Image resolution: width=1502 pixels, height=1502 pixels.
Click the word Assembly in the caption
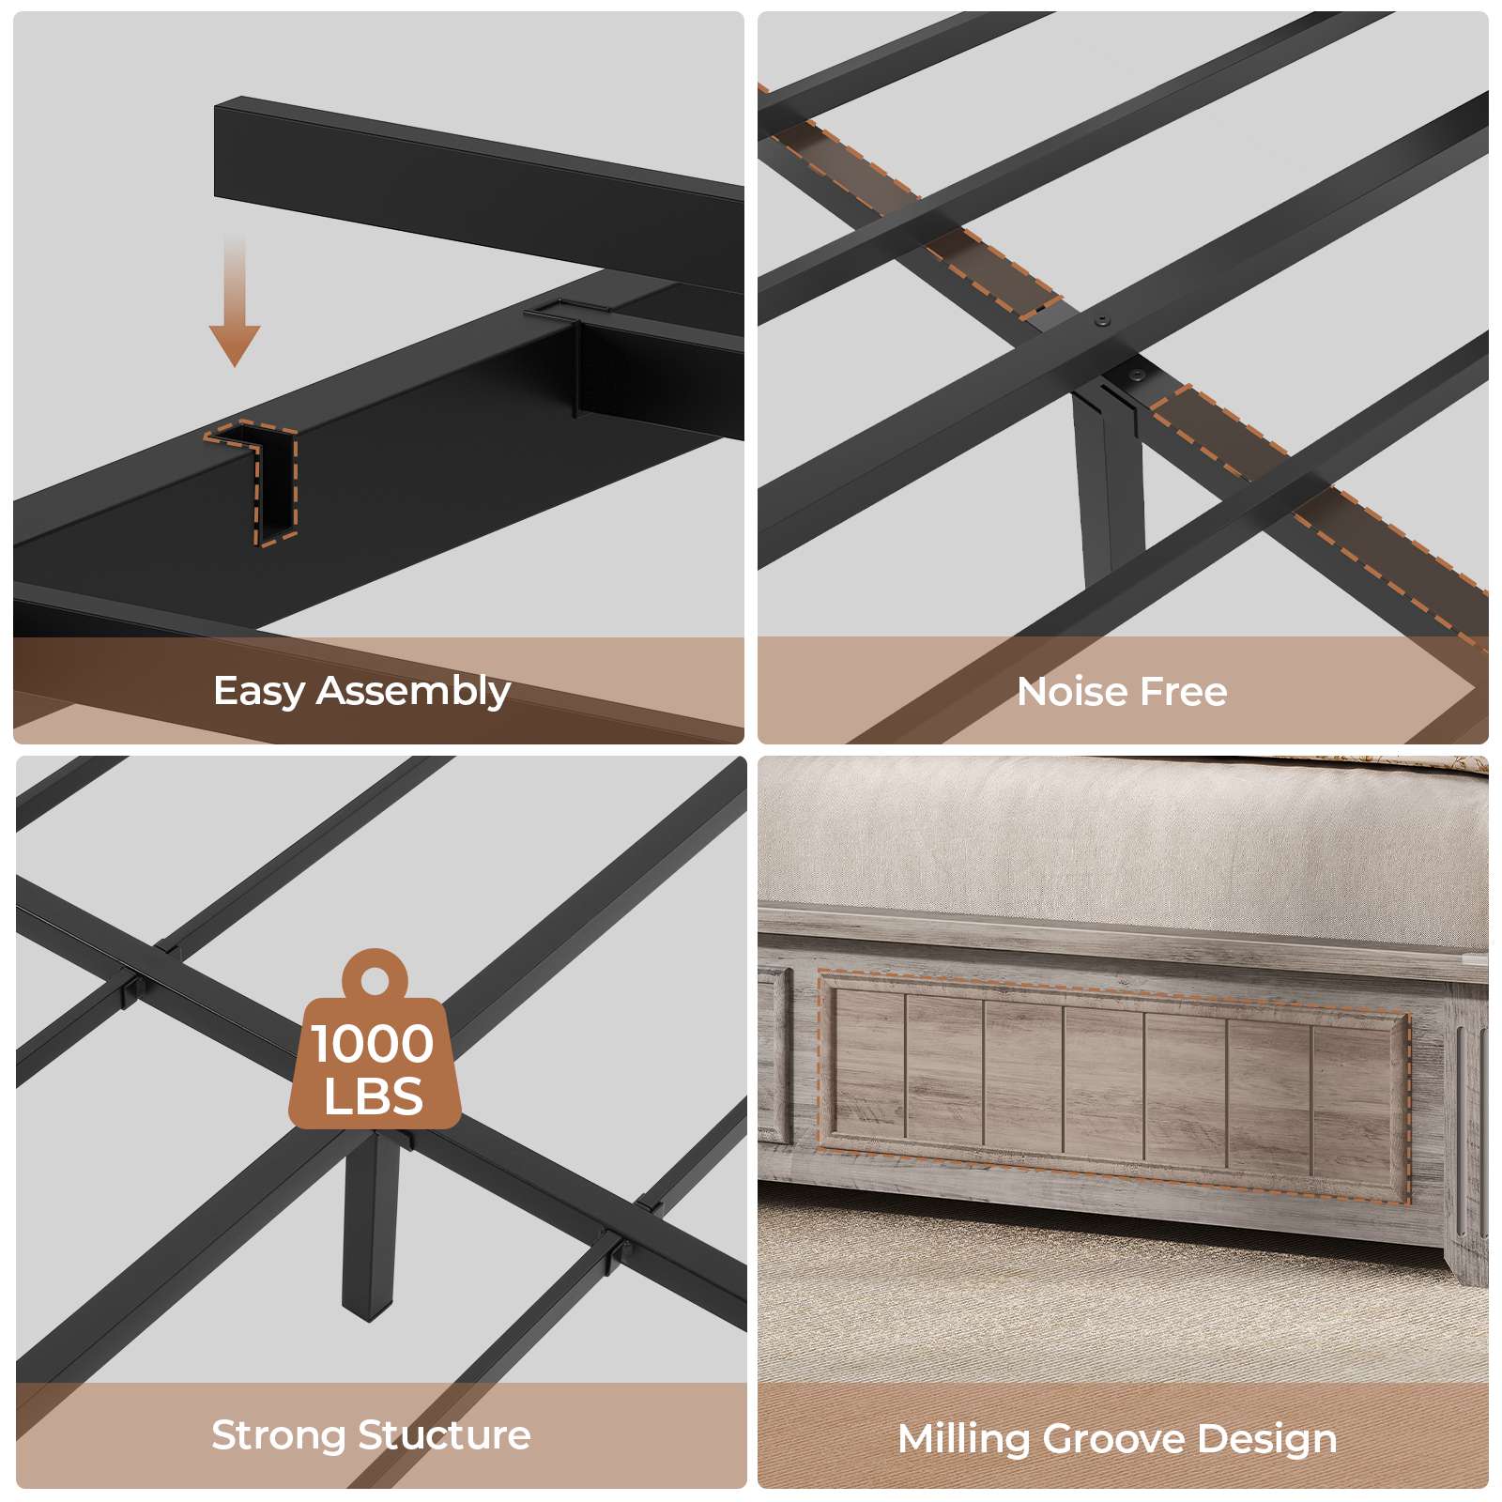(x=414, y=692)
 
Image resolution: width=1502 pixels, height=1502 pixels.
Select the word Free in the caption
(x=1182, y=692)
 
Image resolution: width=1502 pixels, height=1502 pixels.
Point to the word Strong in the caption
(x=279, y=1435)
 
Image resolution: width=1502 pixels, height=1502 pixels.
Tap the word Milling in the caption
(x=963, y=1439)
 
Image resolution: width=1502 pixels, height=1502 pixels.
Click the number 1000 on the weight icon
(x=373, y=1044)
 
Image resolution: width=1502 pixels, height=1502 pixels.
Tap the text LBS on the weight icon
(x=373, y=1096)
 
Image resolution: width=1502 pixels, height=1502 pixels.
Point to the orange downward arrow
(x=235, y=300)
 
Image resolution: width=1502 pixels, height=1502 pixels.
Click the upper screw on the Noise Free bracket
(x=1101, y=321)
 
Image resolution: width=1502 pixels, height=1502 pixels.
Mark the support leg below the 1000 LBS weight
(x=372, y=1220)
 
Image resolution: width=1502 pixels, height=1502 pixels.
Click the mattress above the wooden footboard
(x=1123, y=845)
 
